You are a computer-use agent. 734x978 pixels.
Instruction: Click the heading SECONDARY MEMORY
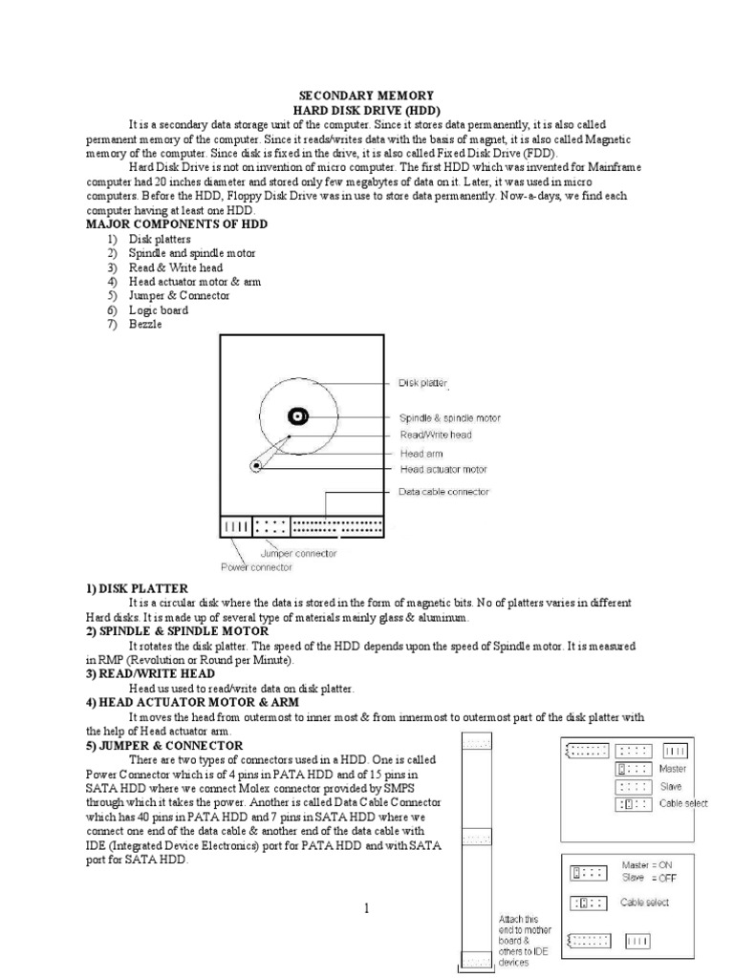point(367,96)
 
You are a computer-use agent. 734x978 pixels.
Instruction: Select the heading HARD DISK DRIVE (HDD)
point(367,111)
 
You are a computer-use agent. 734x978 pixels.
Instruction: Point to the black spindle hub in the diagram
point(298,416)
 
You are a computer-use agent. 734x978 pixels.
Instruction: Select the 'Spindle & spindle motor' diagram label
point(449,418)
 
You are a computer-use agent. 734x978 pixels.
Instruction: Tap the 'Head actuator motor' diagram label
point(443,470)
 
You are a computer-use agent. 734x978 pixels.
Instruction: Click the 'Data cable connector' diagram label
point(443,492)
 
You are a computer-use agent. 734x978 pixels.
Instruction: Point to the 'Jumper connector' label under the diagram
point(298,553)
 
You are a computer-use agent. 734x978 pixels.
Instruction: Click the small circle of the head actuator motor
point(256,466)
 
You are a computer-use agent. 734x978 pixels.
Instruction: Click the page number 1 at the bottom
point(366,908)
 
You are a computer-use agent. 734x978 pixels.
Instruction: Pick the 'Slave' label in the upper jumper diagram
point(670,786)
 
